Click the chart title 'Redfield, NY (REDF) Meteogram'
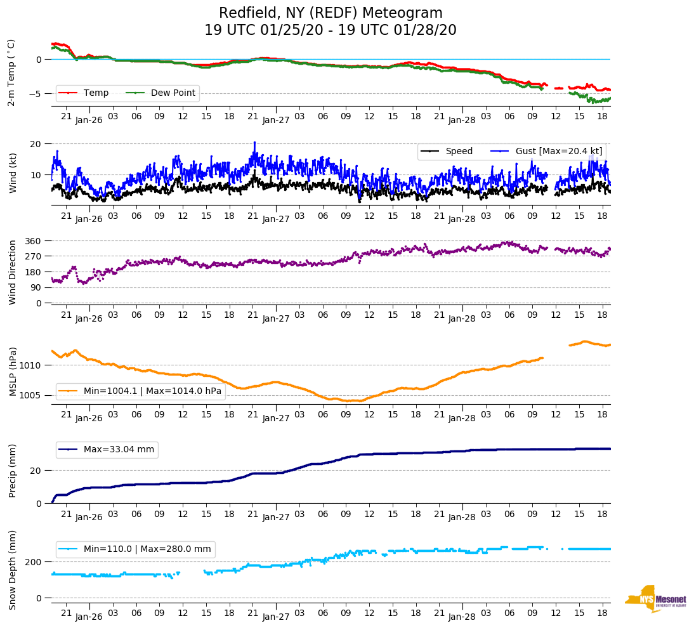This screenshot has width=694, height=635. coord(331,13)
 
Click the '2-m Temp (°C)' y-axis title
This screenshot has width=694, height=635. coord(11,72)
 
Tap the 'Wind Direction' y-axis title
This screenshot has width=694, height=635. coord(11,272)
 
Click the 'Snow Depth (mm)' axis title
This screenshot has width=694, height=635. coord(11,569)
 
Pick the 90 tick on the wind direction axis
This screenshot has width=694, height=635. coord(36,287)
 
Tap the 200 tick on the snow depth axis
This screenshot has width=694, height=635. coord(34,562)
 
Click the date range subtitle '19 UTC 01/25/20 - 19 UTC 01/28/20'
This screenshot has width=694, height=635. coord(331,30)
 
